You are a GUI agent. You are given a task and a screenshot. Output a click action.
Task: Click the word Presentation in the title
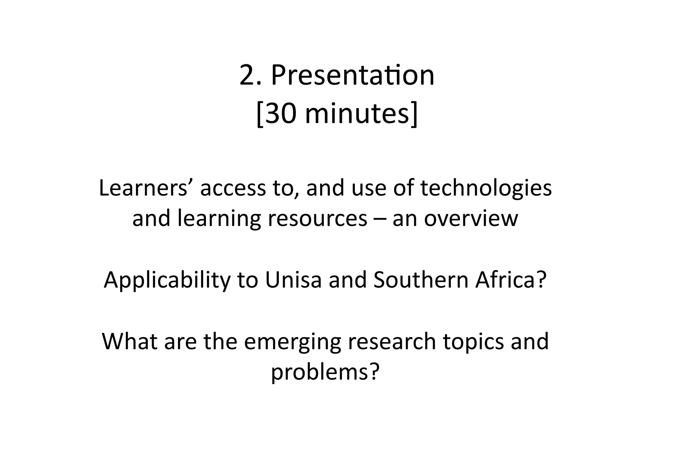(x=352, y=76)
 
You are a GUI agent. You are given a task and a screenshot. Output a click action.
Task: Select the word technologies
(x=486, y=188)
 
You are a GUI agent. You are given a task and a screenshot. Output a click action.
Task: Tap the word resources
(x=317, y=218)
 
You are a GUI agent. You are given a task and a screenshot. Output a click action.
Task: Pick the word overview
(x=471, y=218)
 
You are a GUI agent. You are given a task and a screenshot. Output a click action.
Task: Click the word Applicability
(x=167, y=280)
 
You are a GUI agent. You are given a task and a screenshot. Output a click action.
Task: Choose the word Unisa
(x=293, y=280)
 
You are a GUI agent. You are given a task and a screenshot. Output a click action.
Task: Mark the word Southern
(x=421, y=280)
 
